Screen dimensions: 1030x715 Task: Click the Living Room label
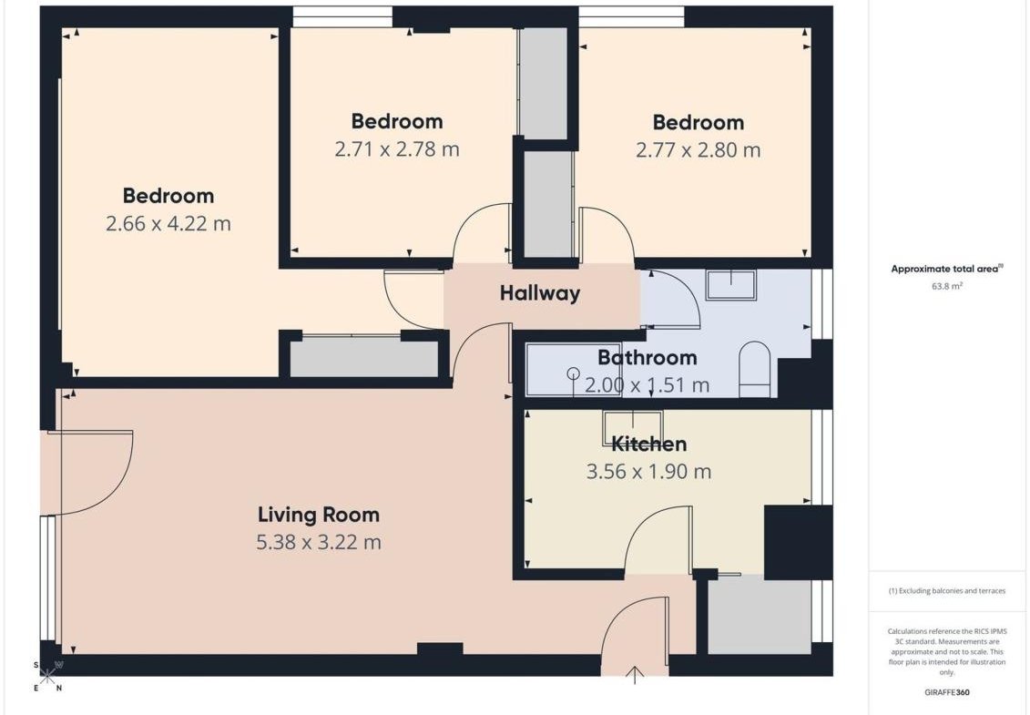click(x=319, y=515)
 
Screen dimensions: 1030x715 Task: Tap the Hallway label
click(x=540, y=293)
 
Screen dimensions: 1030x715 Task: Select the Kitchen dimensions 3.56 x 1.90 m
click(x=649, y=472)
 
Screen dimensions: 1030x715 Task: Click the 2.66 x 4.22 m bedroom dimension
click(x=168, y=224)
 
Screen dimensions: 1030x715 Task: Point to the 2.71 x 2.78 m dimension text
click(x=397, y=150)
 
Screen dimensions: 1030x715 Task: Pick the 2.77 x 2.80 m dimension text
click(x=699, y=150)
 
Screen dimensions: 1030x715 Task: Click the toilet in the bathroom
click(x=755, y=369)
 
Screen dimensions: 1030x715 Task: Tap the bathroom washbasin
click(x=730, y=284)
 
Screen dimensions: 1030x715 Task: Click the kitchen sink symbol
click(x=633, y=428)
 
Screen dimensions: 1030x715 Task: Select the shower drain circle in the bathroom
click(x=574, y=373)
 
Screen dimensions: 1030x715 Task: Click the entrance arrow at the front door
click(x=635, y=675)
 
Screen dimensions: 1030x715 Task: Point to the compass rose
click(x=47, y=676)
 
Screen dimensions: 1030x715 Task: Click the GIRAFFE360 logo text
click(x=946, y=692)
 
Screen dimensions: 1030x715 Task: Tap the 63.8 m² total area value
click(x=946, y=287)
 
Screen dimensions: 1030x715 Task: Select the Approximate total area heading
click(x=946, y=269)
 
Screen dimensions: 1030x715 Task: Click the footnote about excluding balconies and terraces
click(x=946, y=591)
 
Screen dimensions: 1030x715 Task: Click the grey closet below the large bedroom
click(x=364, y=358)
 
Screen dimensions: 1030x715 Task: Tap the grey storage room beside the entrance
click(x=760, y=615)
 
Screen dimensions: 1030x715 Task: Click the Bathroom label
click(x=647, y=357)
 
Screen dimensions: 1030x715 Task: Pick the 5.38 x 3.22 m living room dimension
click(x=319, y=543)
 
